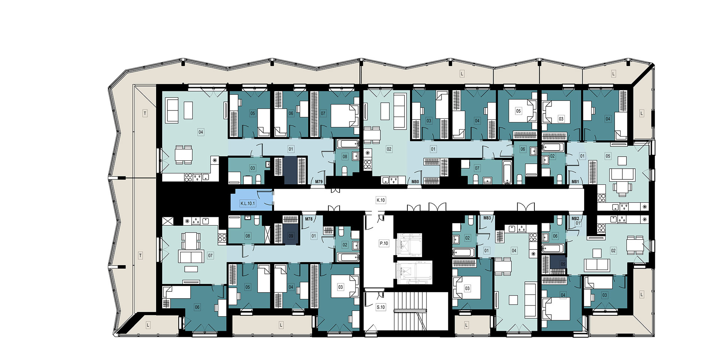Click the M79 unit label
point(319,182)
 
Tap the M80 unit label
point(415,182)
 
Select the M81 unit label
point(575,182)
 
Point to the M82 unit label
point(575,218)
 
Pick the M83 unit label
point(487,218)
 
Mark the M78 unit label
point(309,219)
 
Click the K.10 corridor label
point(381,200)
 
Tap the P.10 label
point(384,243)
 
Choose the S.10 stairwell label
point(381,307)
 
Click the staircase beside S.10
point(410,311)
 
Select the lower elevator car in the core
point(414,272)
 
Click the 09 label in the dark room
point(291,236)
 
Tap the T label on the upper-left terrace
point(145,113)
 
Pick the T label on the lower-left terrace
point(140,255)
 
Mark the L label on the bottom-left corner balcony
point(148,325)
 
